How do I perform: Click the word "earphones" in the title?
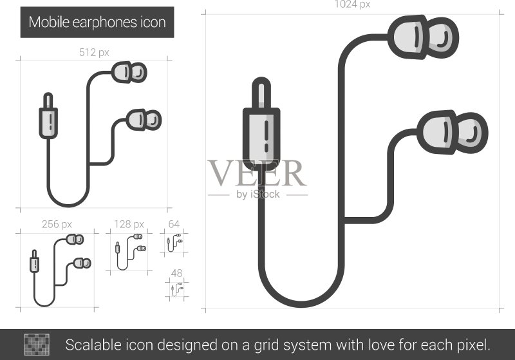(x=105, y=23)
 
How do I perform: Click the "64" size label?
(x=174, y=224)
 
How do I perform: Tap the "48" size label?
(x=176, y=273)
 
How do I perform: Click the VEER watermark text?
(x=257, y=173)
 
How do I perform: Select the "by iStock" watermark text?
(x=258, y=194)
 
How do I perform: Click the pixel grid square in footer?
(x=37, y=345)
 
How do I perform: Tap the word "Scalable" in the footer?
(x=93, y=345)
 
